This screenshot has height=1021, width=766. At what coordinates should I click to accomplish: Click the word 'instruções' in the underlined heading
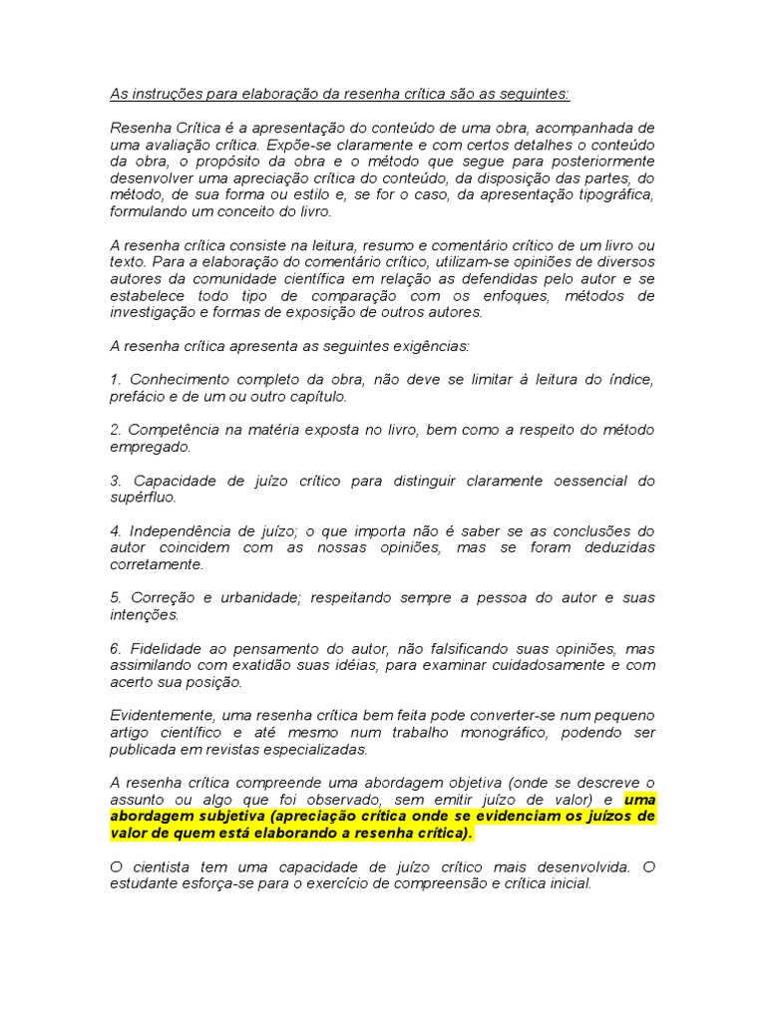point(161,95)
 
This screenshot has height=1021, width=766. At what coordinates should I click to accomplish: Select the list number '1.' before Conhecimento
point(116,379)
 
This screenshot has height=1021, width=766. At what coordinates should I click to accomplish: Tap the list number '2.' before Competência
point(116,430)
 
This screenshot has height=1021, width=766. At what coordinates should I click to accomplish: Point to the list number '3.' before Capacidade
point(116,481)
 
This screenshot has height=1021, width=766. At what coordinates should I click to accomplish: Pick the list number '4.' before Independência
point(116,530)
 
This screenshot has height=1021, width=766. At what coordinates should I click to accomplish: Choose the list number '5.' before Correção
point(116,597)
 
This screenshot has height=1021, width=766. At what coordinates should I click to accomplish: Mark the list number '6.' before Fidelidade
point(116,648)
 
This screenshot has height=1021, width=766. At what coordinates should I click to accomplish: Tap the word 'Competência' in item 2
point(174,430)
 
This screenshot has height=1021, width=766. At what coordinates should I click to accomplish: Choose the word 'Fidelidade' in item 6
point(168,648)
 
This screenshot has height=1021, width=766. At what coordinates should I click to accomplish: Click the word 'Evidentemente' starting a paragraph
point(160,715)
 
